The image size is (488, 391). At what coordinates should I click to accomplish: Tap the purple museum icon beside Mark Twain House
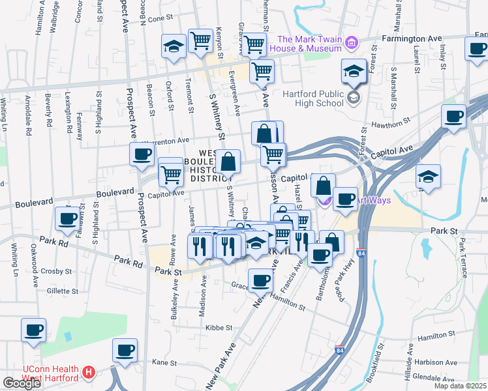tap(352, 44)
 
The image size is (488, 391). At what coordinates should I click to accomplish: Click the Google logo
tap(22, 383)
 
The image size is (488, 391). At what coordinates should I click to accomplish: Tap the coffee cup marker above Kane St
tap(125, 350)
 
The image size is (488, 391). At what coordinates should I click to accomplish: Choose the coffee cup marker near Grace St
tap(260, 281)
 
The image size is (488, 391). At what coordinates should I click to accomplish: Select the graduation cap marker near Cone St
tap(174, 46)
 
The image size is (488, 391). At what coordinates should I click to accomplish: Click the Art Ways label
tap(374, 200)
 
